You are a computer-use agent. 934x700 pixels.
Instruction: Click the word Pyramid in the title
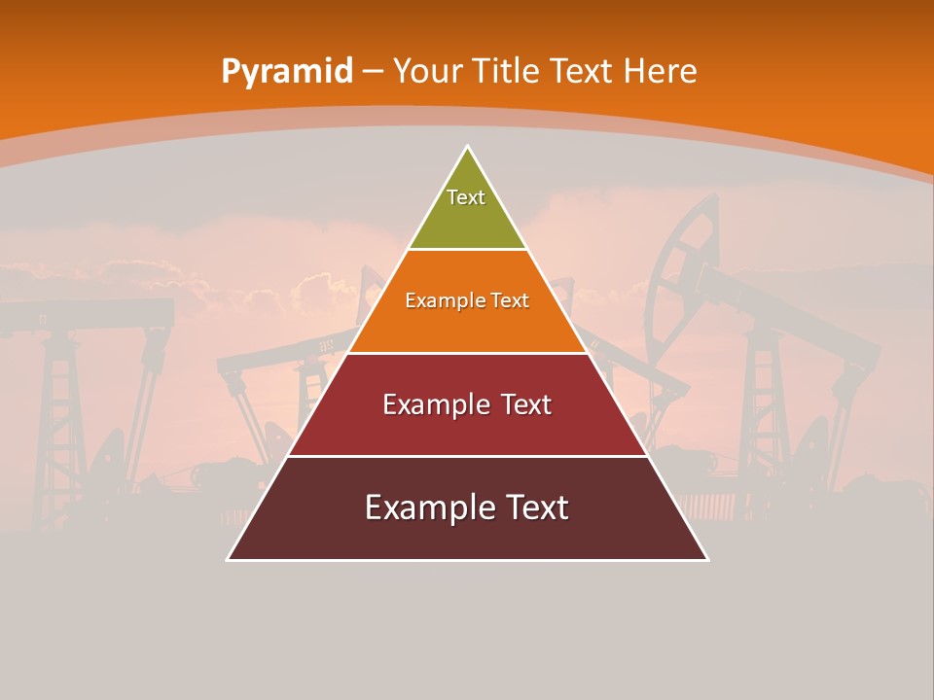click(x=286, y=72)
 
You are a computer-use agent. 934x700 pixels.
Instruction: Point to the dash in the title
click(x=372, y=72)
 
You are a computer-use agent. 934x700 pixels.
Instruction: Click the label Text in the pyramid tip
click(x=466, y=197)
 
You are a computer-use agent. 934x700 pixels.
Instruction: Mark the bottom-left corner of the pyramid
click(x=228, y=559)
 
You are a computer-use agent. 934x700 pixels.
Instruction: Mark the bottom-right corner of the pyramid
click(x=707, y=559)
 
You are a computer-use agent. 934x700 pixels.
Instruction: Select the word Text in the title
click(x=582, y=71)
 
